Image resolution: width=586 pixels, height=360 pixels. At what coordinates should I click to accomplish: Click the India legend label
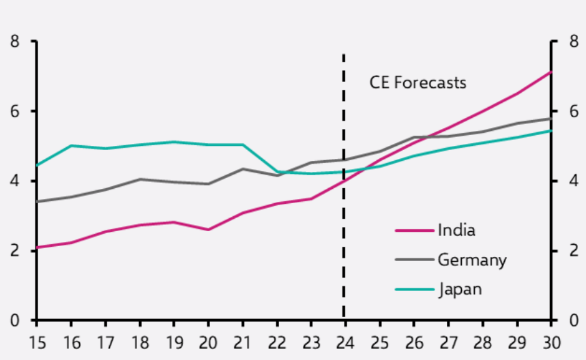tap(456, 230)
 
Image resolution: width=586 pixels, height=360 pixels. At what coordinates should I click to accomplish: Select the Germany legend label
tap(472, 260)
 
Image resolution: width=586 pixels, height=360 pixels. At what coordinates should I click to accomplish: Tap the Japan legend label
tap(460, 289)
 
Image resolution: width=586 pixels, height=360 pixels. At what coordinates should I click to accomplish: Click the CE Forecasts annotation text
tap(417, 82)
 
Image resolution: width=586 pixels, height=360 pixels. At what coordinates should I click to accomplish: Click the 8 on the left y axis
tap(15, 42)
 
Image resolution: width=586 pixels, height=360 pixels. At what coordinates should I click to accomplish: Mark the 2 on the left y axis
tap(15, 251)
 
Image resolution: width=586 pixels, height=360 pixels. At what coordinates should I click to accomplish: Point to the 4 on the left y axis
tap(15, 181)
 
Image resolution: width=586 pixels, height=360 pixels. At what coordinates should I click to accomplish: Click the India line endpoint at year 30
tap(550, 72)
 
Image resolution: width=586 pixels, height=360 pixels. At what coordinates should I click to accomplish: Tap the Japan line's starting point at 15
tap(38, 165)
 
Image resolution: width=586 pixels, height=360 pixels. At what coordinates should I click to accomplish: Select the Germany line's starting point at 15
tap(38, 202)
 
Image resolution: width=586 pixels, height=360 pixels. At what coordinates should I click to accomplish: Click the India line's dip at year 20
tap(208, 230)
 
